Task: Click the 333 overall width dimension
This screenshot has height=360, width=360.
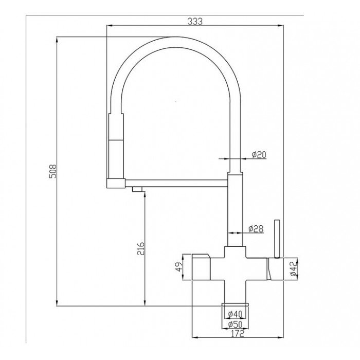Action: pyautogui.click(x=195, y=22)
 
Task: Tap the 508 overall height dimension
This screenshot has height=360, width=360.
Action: pyautogui.click(x=53, y=171)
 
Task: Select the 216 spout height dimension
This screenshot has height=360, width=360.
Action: pyautogui.click(x=140, y=248)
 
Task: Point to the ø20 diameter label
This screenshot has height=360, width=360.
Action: pyautogui.click(x=259, y=155)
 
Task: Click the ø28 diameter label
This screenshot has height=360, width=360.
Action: pyautogui.click(x=256, y=229)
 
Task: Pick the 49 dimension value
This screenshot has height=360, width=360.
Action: pyautogui.click(x=179, y=267)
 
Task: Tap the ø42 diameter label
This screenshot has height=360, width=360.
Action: pyautogui.click(x=293, y=268)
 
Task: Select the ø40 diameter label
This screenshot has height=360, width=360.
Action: pyautogui.click(x=236, y=313)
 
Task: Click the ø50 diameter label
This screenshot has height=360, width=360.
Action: pyautogui.click(x=236, y=324)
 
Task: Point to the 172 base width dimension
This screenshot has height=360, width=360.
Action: pyautogui.click(x=238, y=334)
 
